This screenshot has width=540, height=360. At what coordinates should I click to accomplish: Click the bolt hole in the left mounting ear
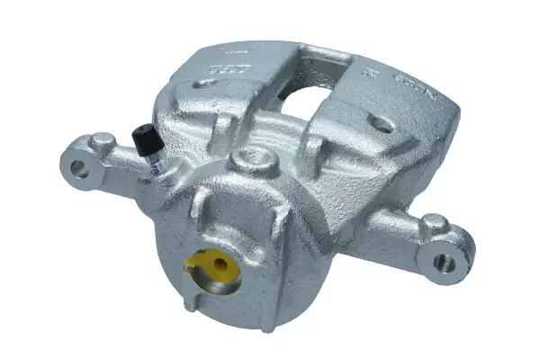click(x=80, y=166)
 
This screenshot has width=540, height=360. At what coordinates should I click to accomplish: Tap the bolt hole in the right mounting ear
click(x=445, y=262)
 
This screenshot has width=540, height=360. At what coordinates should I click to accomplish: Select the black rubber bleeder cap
click(x=142, y=138)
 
